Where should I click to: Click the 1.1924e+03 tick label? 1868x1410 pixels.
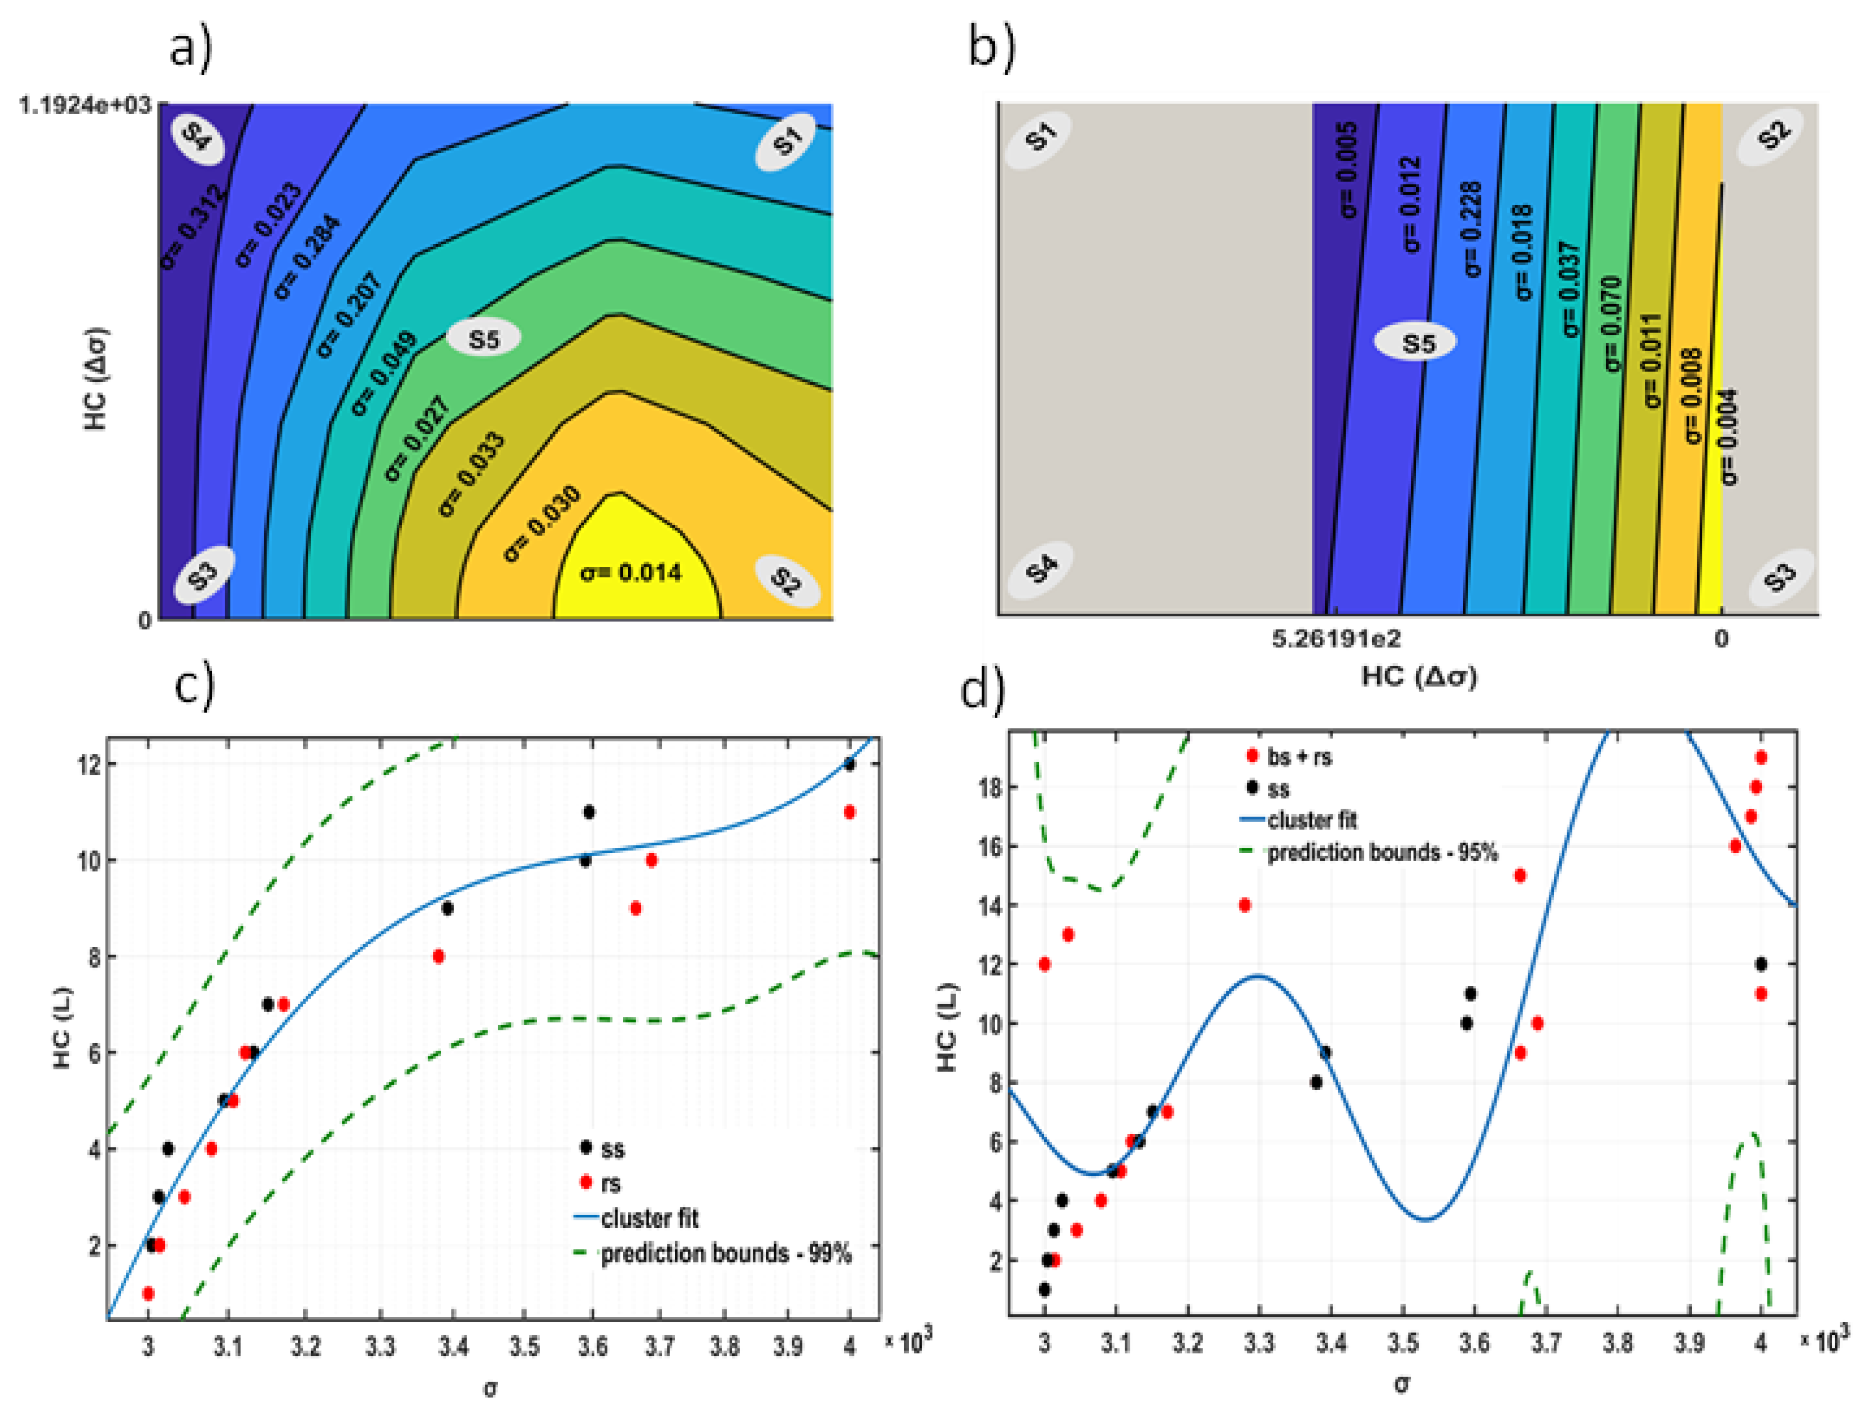click(x=85, y=106)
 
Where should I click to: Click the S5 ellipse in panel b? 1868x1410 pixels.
click(x=1418, y=344)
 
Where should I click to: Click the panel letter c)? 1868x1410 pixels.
click(x=194, y=685)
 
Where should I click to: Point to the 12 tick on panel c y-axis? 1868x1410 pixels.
click(x=90, y=764)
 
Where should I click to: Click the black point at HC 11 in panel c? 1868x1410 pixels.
click(x=589, y=812)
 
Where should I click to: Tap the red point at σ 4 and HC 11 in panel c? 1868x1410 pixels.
click(x=850, y=812)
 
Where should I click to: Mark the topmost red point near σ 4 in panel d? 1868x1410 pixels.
click(x=1761, y=757)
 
